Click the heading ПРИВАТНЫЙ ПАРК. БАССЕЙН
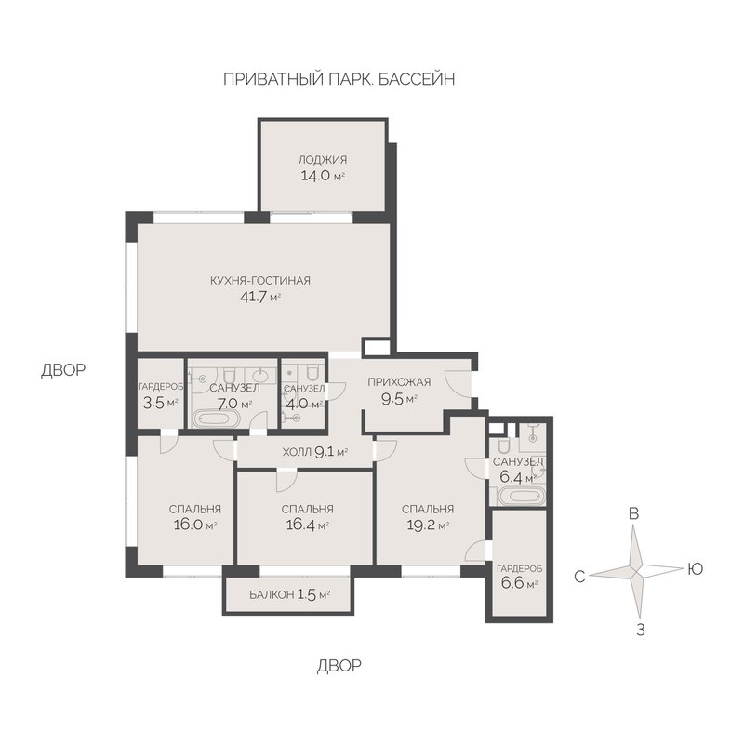tap(339, 79)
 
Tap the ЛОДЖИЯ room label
tap(323, 159)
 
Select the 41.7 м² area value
tap(260, 298)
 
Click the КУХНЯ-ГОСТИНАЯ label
tap(260, 281)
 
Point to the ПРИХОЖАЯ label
tap(399, 382)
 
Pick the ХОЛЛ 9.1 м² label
tap(315, 452)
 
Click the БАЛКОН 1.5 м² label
tap(290, 594)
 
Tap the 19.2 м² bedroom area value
tap(428, 525)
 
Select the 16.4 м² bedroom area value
tap(308, 525)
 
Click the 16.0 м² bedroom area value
tap(195, 525)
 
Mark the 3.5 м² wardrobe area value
tap(160, 404)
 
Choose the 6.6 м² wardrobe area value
tap(519, 583)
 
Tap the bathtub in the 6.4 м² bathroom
tap(521, 497)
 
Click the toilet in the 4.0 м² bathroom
tap(312, 374)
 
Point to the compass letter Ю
tap(695, 568)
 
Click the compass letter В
tap(633, 513)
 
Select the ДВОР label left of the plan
tap(63, 369)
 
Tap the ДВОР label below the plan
tap(339, 666)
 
